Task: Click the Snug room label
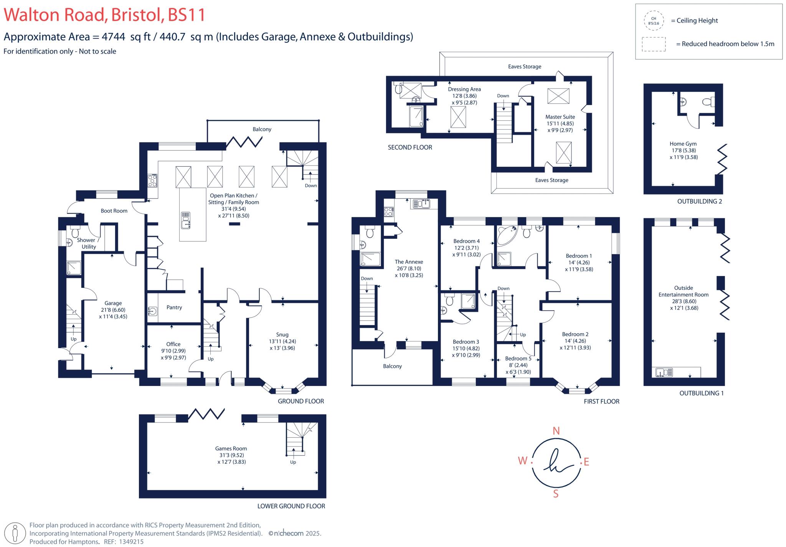pyautogui.click(x=282, y=335)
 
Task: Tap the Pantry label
pyautogui.click(x=174, y=307)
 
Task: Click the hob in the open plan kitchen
pyautogui.click(x=152, y=181)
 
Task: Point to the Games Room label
pyautogui.click(x=231, y=448)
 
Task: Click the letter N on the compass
pyautogui.click(x=556, y=431)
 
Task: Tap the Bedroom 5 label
pyautogui.click(x=518, y=358)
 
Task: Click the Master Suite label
pyautogui.click(x=560, y=117)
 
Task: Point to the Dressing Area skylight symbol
pyautogui.click(x=458, y=117)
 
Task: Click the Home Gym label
pyautogui.click(x=683, y=144)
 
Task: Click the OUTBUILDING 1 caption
pyautogui.click(x=701, y=393)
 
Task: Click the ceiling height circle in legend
pyautogui.click(x=653, y=21)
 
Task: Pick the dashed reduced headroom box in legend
pyautogui.click(x=654, y=44)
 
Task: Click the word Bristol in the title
pyautogui.click(x=136, y=15)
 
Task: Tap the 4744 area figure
pyautogui.click(x=113, y=37)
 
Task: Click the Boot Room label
pyautogui.click(x=114, y=211)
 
